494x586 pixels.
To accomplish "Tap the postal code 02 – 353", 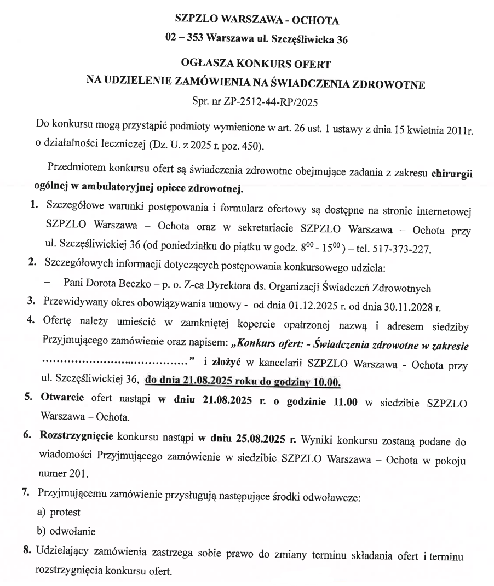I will (183, 39).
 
